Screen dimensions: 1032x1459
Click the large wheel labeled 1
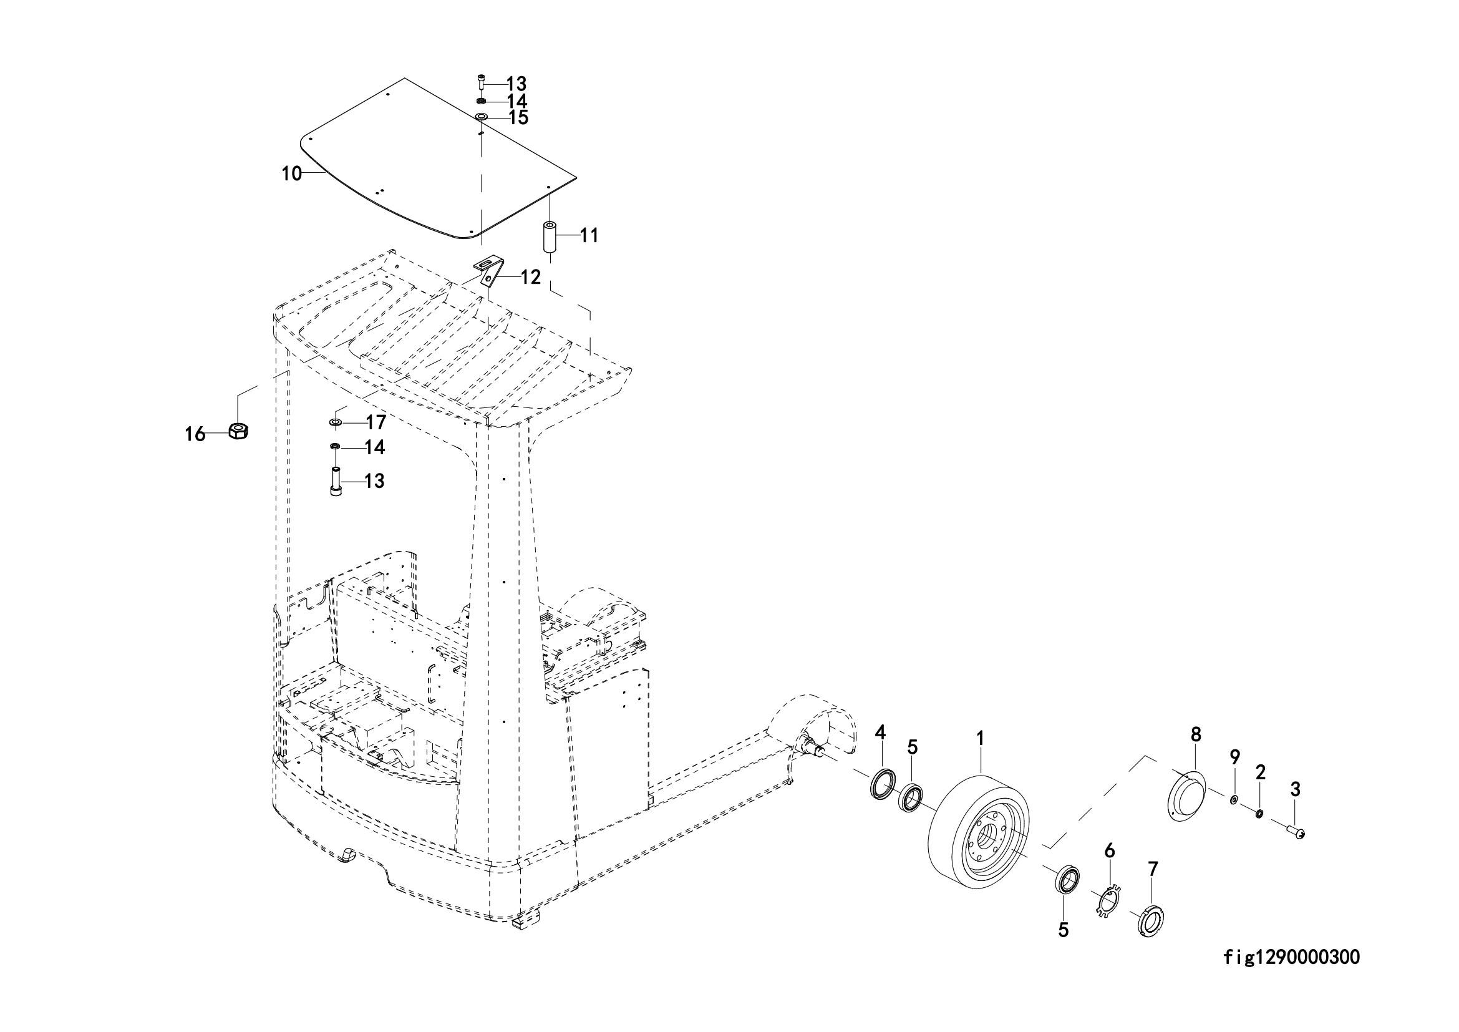click(x=979, y=832)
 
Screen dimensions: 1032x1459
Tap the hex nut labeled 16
click(x=238, y=431)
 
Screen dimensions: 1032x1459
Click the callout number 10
click(x=292, y=173)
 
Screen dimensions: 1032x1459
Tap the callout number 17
click(x=376, y=422)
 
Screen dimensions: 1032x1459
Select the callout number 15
click(x=518, y=118)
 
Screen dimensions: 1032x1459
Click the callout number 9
click(x=1234, y=757)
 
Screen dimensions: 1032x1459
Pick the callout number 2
click(x=1261, y=772)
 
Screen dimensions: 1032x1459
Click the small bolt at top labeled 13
click(x=481, y=82)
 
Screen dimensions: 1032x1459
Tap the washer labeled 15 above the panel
click(x=481, y=117)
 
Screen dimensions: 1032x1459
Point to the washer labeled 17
click(x=335, y=422)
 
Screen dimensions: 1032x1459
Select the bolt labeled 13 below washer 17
click(x=335, y=480)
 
